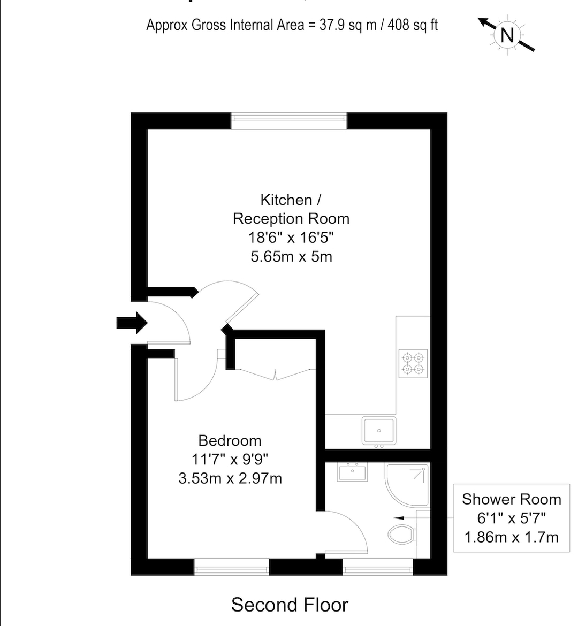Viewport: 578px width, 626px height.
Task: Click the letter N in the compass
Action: pyautogui.click(x=507, y=35)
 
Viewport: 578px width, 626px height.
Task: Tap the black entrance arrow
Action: pyautogui.click(x=132, y=323)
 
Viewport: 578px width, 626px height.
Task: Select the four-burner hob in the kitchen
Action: pyautogui.click(x=413, y=363)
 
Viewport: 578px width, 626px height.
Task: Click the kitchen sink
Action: pyautogui.click(x=379, y=431)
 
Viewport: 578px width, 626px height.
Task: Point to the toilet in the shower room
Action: pyautogui.click(x=402, y=534)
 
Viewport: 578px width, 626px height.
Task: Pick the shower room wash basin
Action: pyautogui.click(x=352, y=472)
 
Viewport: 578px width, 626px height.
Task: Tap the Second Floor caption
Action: pyautogui.click(x=290, y=605)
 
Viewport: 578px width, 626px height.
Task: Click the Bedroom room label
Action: pyautogui.click(x=230, y=440)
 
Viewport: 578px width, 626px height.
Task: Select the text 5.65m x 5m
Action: pyautogui.click(x=291, y=256)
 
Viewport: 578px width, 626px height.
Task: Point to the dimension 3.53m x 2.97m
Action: pyautogui.click(x=230, y=478)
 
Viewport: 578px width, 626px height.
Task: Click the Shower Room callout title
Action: pyautogui.click(x=511, y=499)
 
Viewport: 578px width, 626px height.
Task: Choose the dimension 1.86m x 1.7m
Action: pyautogui.click(x=511, y=537)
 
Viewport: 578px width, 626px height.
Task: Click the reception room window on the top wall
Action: pyautogui.click(x=289, y=120)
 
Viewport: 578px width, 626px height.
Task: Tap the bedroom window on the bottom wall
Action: pyautogui.click(x=232, y=567)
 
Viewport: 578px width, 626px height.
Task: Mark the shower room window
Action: pyautogui.click(x=377, y=567)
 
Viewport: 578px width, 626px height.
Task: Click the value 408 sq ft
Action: pyautogui.click(x=413, y=25)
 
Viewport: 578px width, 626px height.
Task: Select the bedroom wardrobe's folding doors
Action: pyautogui.click(x=275, y=375)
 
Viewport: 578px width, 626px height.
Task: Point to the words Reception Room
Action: pyautogui.click(x=291, y=219)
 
